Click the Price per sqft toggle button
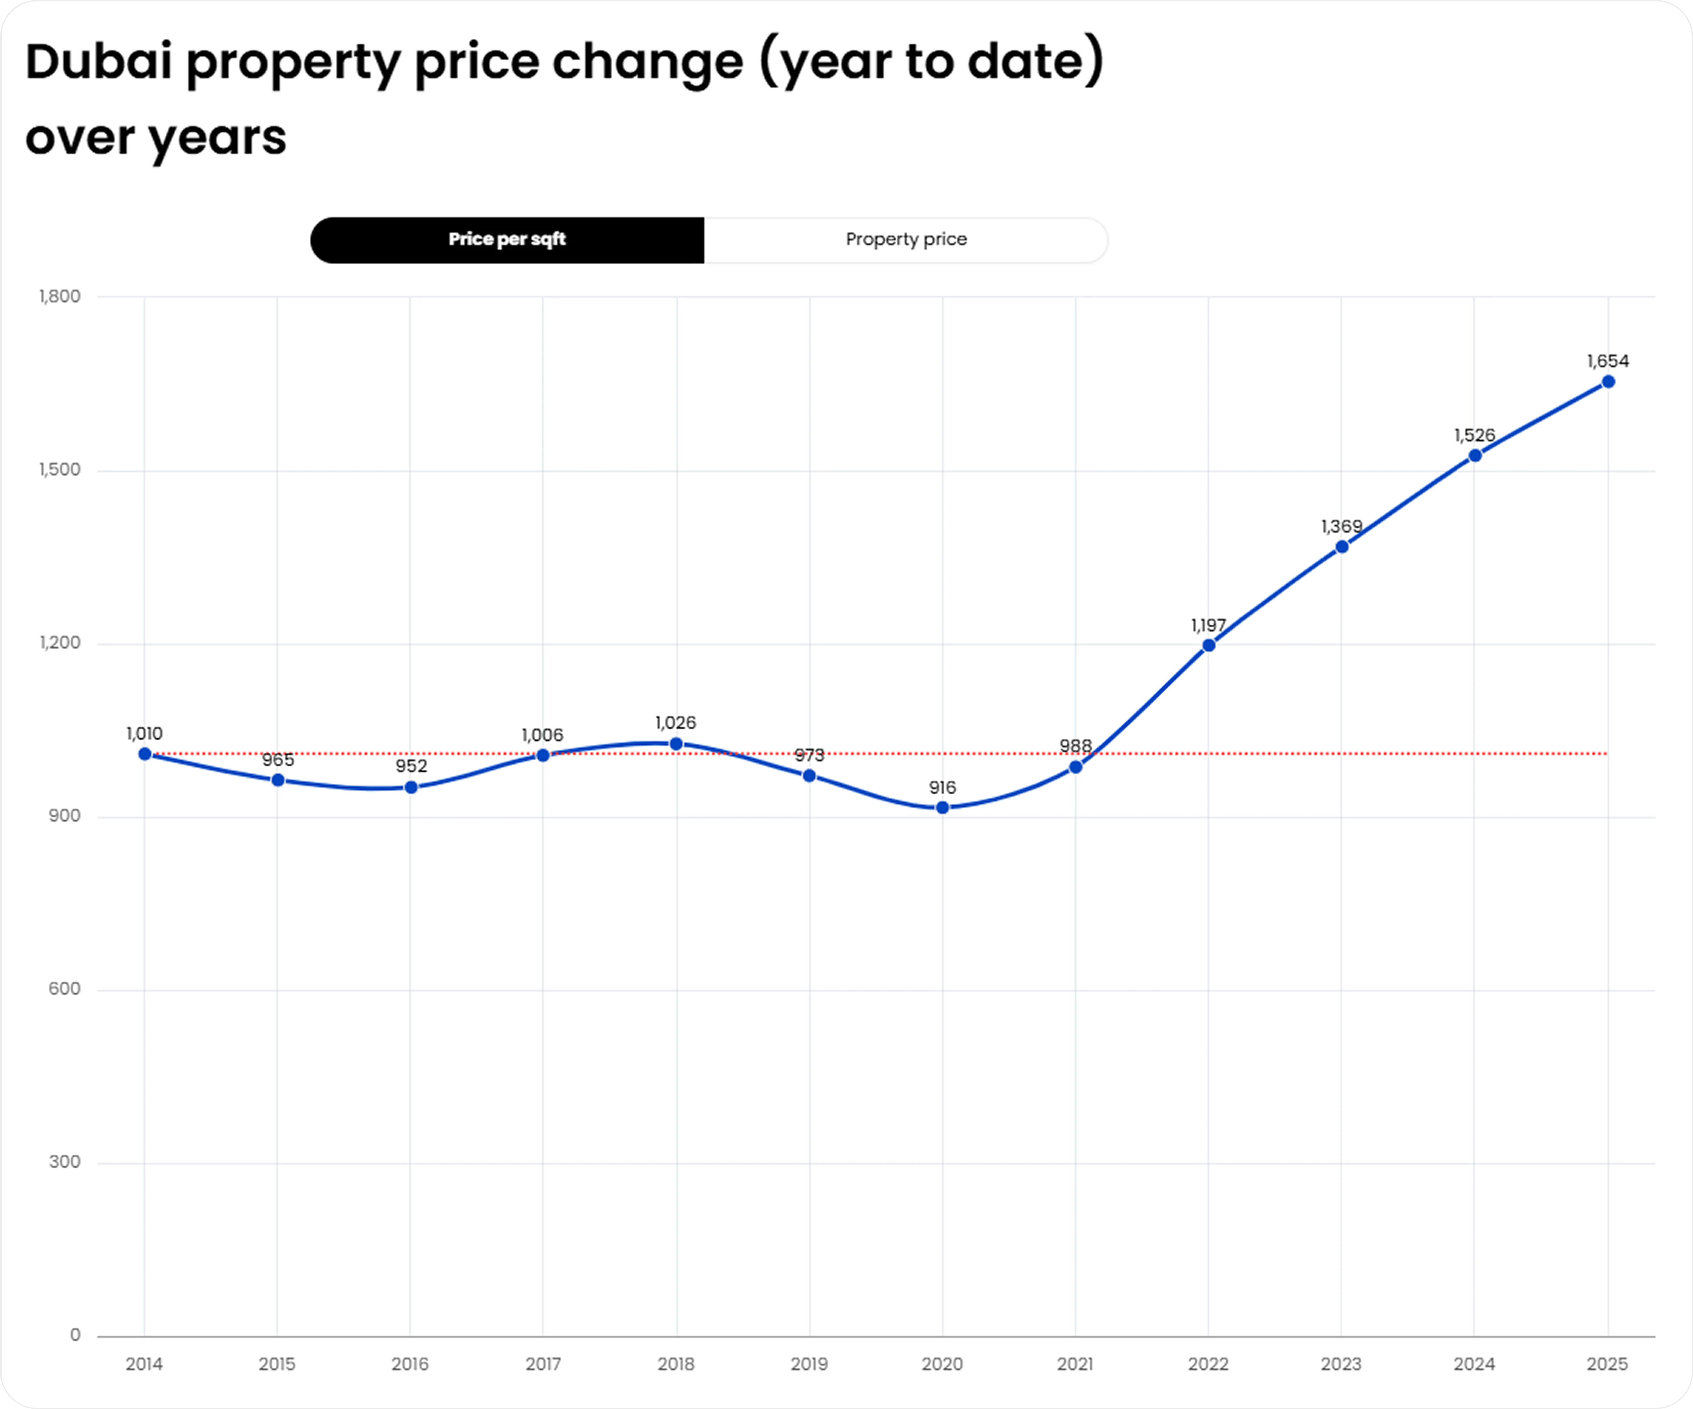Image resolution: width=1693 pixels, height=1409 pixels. (507, 240)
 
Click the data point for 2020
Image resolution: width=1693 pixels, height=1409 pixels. (943, 807)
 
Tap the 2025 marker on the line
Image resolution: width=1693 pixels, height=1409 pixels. (1607, 381)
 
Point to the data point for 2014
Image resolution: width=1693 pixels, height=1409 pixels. (145, 754)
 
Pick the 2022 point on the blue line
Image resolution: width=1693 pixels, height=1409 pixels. (1209, 645)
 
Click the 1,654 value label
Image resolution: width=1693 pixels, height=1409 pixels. (1607, 361)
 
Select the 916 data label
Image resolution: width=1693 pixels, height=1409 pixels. (943, 787)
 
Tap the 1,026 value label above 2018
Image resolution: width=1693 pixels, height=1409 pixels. (676, 723)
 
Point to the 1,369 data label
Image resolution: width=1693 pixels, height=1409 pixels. (1341, 527)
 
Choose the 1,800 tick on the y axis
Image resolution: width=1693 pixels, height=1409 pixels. (60, 297)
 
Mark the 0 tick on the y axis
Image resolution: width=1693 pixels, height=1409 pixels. (75, 1336)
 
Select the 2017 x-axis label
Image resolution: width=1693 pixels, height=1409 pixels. (543, 1364)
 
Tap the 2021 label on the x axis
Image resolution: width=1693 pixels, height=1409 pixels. (1076, 1364)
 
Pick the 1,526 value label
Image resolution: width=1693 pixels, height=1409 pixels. (1474, 435)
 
